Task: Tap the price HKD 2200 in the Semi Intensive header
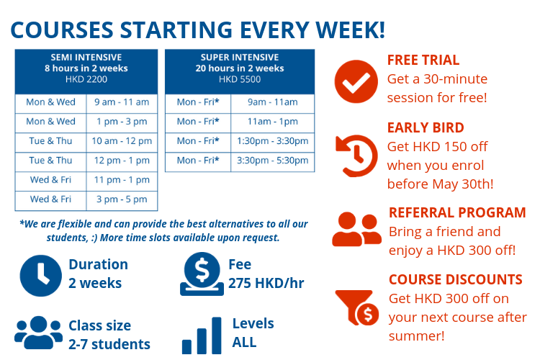point(86,79)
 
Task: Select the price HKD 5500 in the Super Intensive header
point(240,79)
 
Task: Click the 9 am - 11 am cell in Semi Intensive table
point(122,102)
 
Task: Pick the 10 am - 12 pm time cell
point(122,141)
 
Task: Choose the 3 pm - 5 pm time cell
point(122,199)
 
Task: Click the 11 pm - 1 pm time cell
point(122,180)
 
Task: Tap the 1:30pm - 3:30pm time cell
point(272,141)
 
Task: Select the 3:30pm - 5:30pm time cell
point(272,161)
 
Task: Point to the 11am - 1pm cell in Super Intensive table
point(272,122)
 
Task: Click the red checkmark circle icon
point(356,81)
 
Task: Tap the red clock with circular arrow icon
point(356,156)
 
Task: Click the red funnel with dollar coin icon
point(357,307)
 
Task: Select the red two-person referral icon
point(357,229)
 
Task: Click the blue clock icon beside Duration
point(40,276)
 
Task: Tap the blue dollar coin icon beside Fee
point(202,274)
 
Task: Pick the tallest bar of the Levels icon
point(216,336)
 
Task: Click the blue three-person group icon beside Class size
point(39,333)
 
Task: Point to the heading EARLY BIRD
point(426,128)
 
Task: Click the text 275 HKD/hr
point(266,283)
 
